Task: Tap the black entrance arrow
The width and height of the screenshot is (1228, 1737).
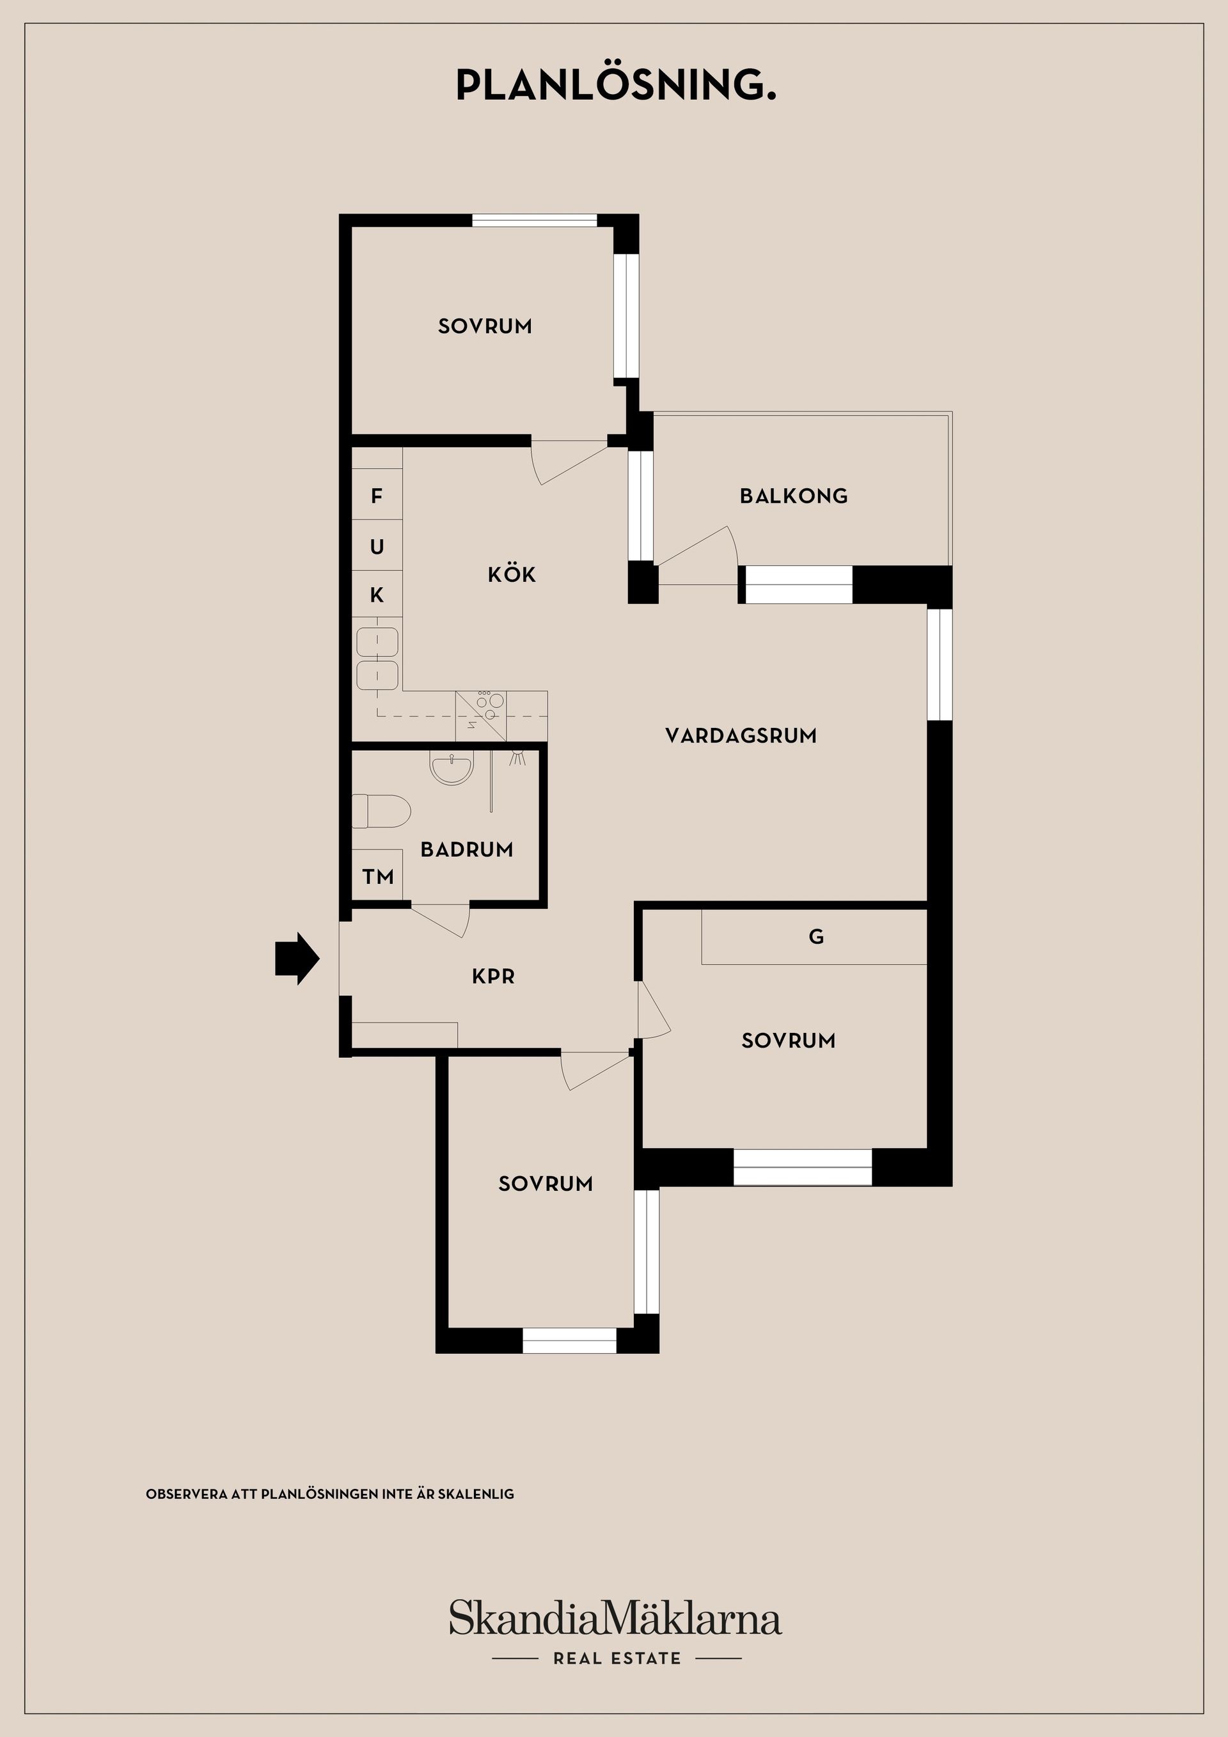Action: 297,959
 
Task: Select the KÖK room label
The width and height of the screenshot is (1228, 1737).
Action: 512,574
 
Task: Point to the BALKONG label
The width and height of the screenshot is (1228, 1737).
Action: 794,496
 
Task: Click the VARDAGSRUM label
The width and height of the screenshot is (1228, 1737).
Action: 741,735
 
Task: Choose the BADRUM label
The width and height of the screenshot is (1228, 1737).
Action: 467,849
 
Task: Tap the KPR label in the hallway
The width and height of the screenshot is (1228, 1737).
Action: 493,976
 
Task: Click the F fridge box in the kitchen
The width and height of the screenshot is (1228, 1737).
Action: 377,495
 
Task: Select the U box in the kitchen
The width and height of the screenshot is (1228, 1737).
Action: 377,546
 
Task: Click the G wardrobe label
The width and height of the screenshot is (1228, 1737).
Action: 815,936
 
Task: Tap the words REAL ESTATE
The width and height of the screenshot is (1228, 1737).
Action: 617,1658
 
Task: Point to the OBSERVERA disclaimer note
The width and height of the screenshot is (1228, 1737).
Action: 330,1494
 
